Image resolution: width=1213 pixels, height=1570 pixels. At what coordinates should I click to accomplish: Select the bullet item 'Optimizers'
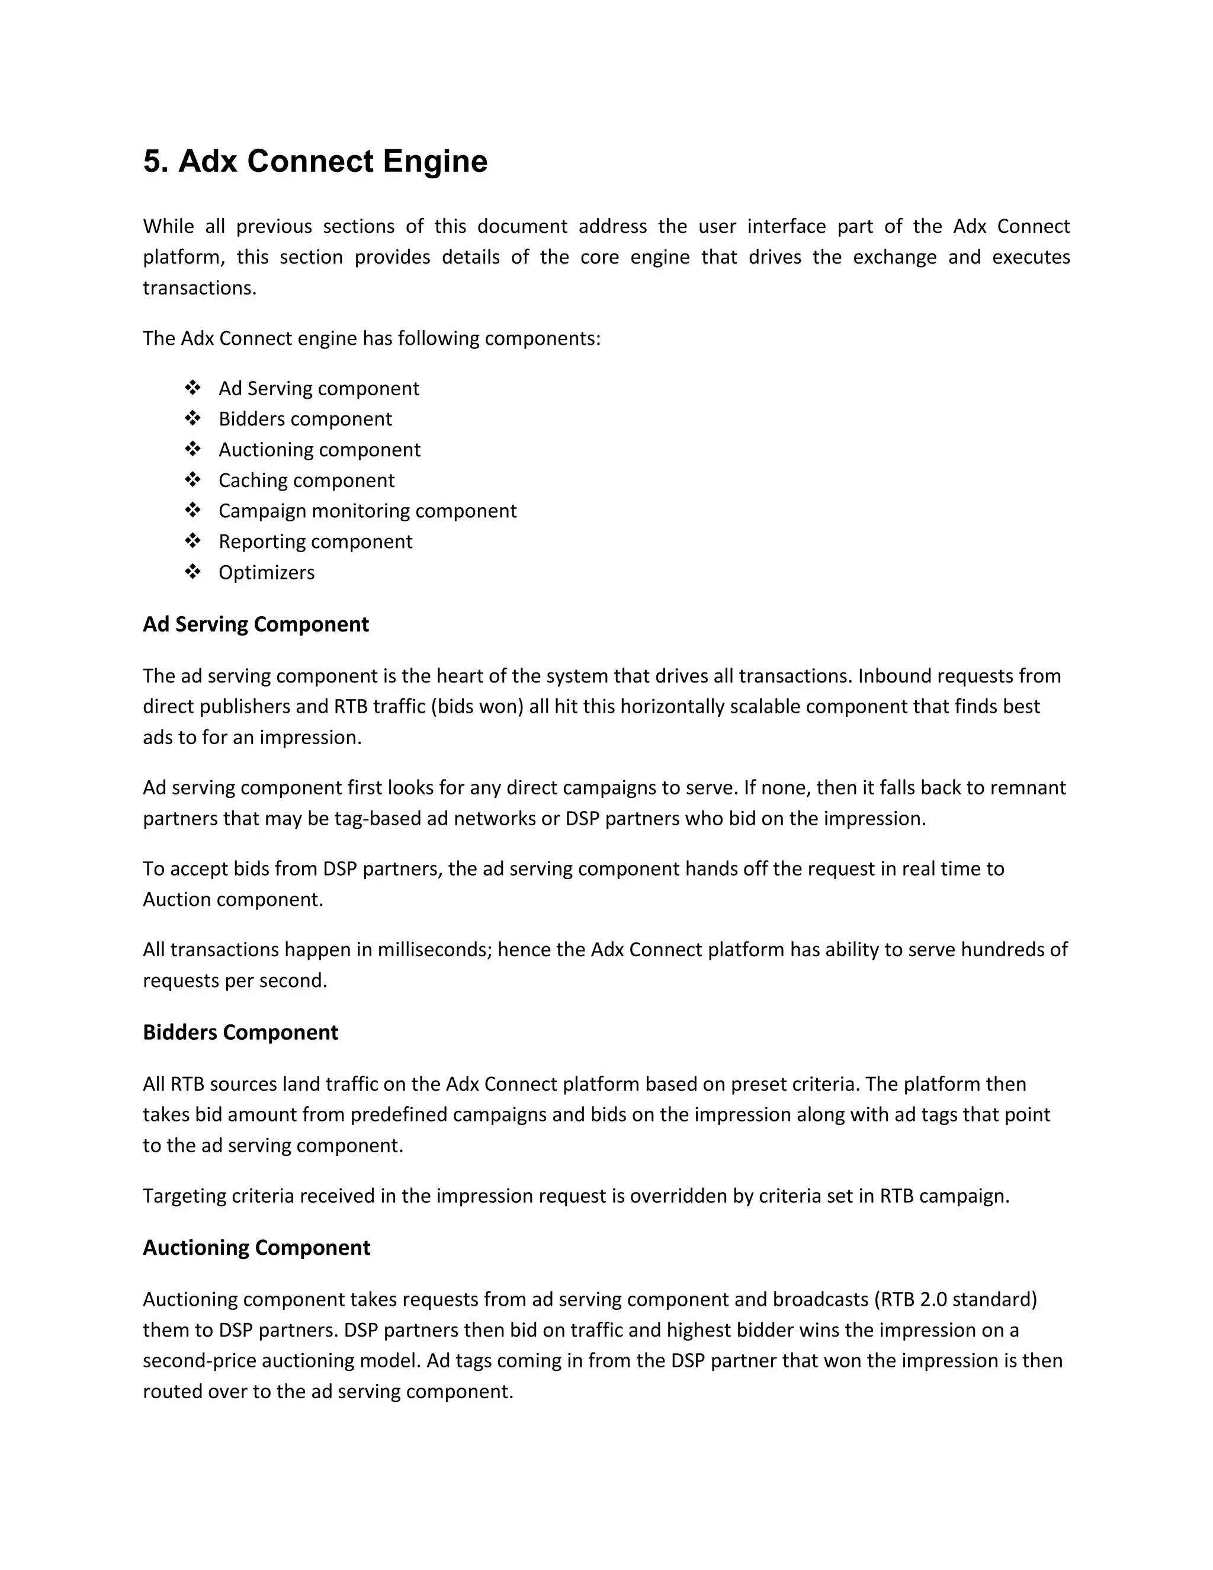[267, 572]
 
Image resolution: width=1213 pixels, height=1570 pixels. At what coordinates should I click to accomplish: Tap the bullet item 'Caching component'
[306, 480]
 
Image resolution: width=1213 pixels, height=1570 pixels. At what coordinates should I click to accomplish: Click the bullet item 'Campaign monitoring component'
[367, 511]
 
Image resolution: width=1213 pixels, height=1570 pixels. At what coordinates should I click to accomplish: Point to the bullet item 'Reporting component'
[316, 542]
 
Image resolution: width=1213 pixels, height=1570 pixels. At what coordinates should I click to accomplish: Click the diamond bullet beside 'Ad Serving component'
[192, 388]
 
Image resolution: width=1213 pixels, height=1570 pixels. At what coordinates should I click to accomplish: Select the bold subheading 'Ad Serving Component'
[256, 624]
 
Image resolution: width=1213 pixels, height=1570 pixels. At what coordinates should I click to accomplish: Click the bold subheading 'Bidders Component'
[240, 1032]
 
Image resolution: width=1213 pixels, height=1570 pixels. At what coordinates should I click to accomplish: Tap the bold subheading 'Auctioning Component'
[256, 1247]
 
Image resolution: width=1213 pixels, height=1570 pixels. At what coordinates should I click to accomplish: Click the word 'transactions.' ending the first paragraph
[200, 289]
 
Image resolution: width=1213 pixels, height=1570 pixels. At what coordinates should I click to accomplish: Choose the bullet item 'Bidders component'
[306, 419]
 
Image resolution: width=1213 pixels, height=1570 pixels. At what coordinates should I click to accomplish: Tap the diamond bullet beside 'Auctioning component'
[192, 449]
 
